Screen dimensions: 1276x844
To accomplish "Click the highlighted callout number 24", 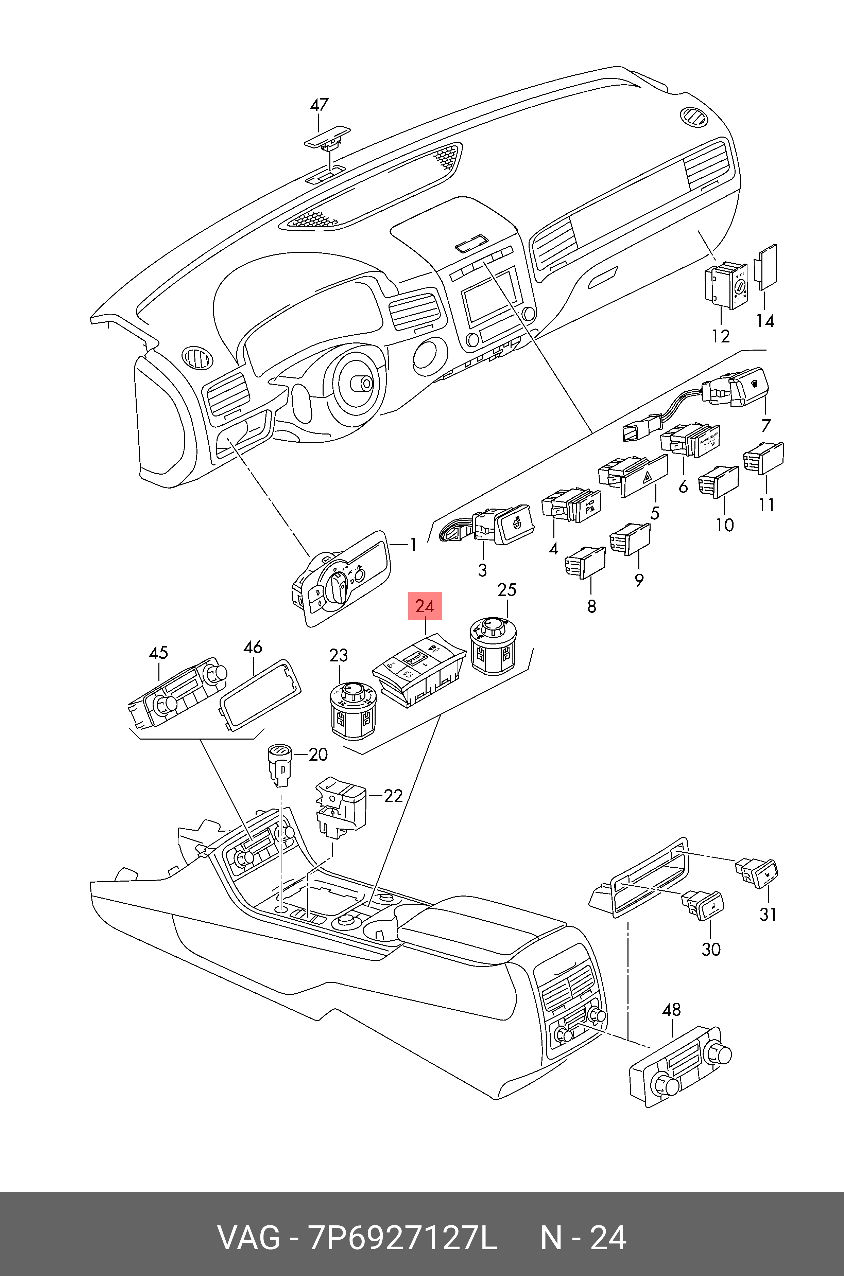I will [425, 606].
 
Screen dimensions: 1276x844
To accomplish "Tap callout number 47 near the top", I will [319, 104].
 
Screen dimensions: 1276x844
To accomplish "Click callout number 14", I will [765, 321].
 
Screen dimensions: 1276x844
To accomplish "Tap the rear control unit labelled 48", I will [681, 1068].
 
